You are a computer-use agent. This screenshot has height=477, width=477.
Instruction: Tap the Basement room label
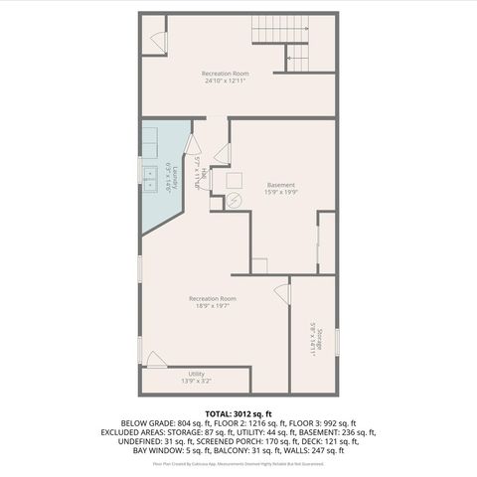click(281, 185)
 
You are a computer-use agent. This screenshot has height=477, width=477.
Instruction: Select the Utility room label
click(196, 374)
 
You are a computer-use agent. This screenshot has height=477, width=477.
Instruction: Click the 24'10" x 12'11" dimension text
click(225, 81)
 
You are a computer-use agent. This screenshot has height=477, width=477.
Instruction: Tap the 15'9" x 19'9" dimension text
click(281, 193)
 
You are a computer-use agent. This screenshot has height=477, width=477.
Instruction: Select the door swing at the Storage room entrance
click(279, 289)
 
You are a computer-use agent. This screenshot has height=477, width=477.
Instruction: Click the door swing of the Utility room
click(154, 359)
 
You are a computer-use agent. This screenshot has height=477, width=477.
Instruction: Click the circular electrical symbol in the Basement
click(234, 200)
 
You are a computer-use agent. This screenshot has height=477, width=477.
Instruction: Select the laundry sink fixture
click(149, 179)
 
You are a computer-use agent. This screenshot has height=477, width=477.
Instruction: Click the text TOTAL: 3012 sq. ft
click(238, 412)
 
